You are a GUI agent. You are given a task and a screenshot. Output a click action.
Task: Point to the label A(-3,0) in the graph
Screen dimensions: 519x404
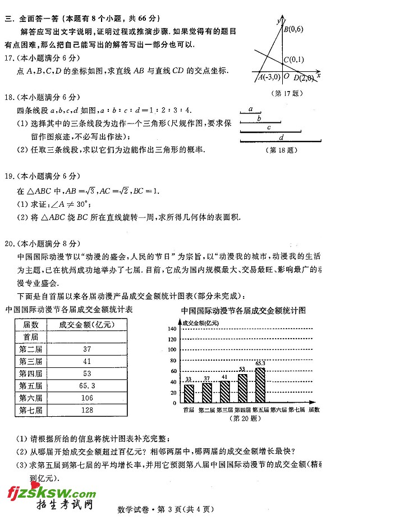click(x=269, y=77)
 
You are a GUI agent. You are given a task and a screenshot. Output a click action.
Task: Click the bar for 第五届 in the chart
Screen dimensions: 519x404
click(x=260, y=385)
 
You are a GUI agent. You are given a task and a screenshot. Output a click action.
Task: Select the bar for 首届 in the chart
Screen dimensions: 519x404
click(x=189, y=393)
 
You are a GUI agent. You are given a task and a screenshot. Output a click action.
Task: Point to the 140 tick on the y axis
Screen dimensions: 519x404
click(x=172, y=329)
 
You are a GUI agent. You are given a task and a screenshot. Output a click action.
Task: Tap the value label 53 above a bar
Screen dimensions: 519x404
click(x=242, y=370)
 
